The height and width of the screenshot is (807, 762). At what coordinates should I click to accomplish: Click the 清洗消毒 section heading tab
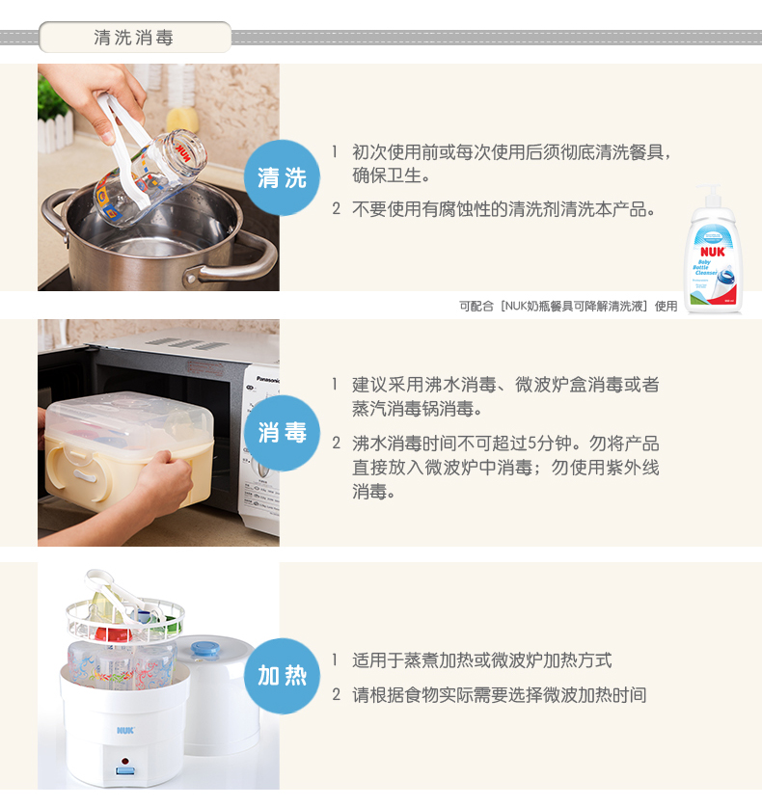135,37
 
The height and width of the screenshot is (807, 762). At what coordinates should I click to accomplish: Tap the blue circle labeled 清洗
282,177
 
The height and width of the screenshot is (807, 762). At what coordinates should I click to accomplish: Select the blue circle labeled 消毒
282,433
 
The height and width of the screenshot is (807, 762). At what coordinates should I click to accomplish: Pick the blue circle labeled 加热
282,676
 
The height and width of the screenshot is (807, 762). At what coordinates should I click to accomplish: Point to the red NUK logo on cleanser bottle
713,252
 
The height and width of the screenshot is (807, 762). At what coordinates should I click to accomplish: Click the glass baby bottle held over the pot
150,177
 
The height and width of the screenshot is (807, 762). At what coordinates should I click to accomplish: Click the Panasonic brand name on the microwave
268,380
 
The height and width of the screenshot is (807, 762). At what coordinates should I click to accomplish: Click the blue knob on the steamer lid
204,649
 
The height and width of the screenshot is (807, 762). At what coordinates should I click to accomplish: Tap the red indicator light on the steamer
124,761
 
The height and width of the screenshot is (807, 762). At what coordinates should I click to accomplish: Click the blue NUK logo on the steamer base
125,730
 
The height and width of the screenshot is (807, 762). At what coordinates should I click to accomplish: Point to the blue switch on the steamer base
125,771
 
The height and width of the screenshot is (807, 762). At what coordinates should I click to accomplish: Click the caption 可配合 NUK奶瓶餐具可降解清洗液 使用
568,307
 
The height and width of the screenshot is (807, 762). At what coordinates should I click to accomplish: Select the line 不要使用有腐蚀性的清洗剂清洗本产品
503,209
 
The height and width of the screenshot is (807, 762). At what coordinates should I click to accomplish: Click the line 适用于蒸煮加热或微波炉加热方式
482,660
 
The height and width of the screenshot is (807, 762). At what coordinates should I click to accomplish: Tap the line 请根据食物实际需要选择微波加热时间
499,695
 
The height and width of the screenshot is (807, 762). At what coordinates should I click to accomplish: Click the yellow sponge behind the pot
182,121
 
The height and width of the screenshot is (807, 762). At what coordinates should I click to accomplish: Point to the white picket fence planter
55,132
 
